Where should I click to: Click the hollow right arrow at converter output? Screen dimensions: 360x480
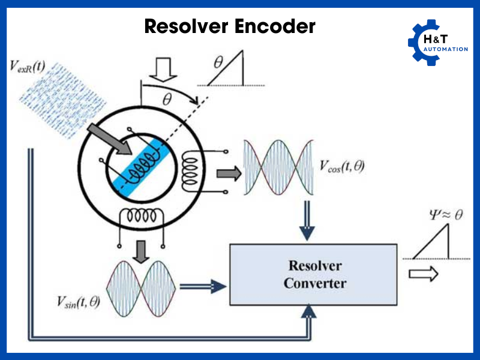click(423, 275)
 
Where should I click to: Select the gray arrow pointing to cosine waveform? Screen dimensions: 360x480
click(227, 174)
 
